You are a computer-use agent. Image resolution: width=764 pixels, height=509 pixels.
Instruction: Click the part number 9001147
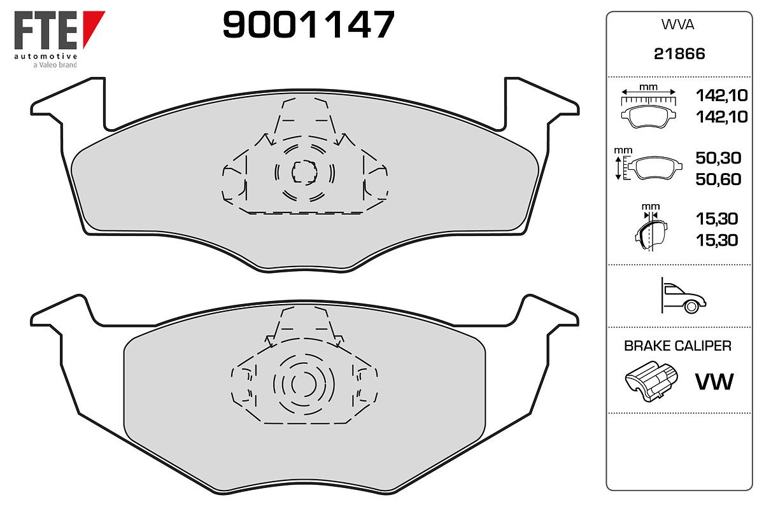click(x=308, y=24)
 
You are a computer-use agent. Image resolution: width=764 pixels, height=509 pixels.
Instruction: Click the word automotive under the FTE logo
click(x=46, y=56)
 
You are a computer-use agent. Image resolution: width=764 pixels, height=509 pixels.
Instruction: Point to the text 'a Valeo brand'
click(x=55, y=65)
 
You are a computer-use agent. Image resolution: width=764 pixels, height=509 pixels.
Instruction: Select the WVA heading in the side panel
click(x=677, y=25)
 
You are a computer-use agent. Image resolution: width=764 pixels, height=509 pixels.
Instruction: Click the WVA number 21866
click(x=679, y=54)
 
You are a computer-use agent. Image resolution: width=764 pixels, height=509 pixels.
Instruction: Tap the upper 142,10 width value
click(x=722, y=95)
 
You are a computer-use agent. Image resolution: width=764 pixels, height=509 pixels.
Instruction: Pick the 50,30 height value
click(x=718, y=158)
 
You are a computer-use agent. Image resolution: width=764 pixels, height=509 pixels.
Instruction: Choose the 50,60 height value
click(x=718, y=179)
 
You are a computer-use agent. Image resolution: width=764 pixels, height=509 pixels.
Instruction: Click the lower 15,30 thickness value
click(x=717, y=241)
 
